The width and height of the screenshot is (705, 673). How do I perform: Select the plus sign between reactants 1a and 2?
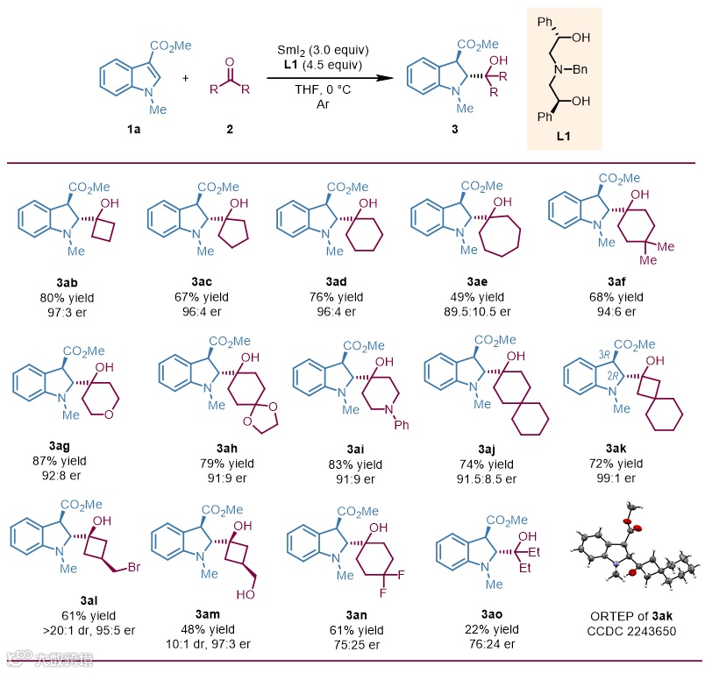coord(185,78)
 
